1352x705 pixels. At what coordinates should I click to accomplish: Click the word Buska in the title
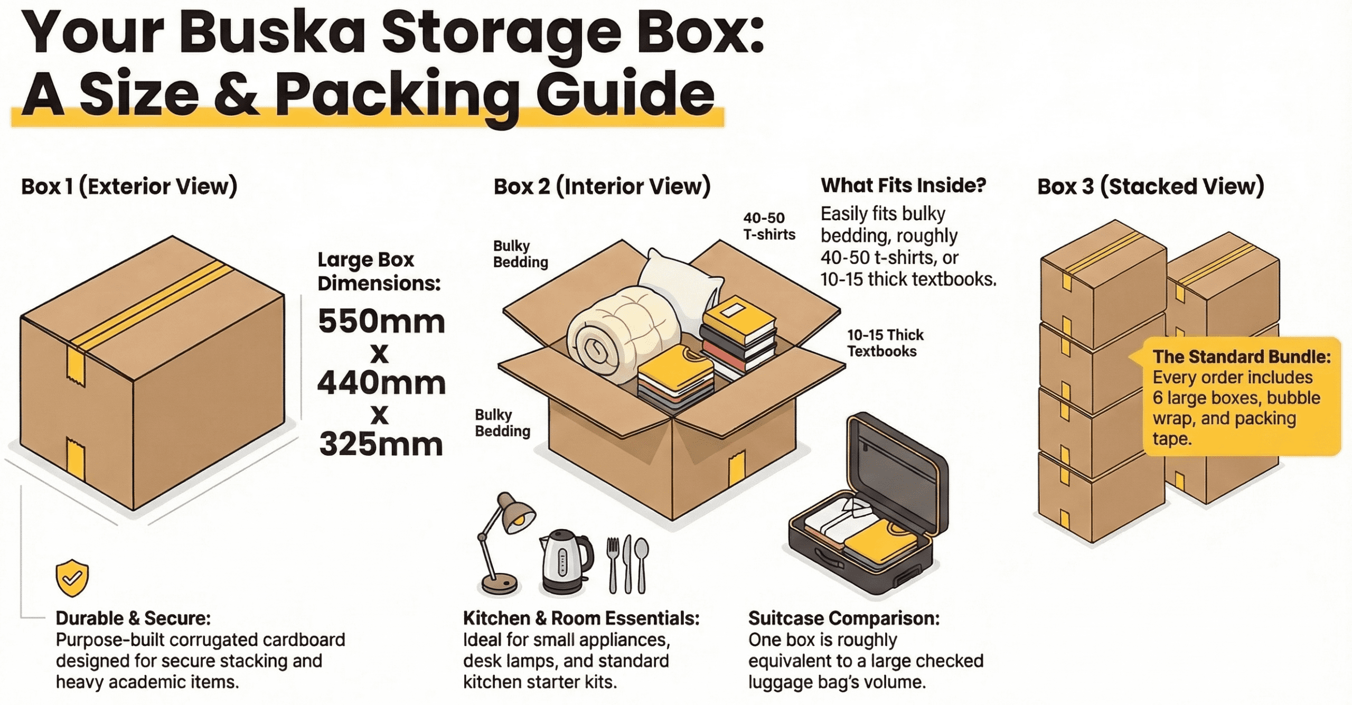[x=272, y=33]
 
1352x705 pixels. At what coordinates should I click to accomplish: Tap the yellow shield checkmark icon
[x=72, y=578]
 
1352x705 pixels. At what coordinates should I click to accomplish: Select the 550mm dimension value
[x=381, y=321]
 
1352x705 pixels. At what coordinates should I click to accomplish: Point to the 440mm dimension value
[x=381, y=382]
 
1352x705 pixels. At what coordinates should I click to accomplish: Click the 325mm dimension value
[x=381, y=444]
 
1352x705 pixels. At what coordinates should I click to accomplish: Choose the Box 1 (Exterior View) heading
[x=129, y=186]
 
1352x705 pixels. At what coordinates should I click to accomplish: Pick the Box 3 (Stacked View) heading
[x=1151, y=186]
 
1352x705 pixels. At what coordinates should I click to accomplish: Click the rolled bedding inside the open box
[x=607, y=333]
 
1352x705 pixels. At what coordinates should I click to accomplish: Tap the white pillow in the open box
[x=681, y=280]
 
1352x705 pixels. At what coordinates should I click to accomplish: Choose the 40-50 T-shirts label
[x=769, y=226]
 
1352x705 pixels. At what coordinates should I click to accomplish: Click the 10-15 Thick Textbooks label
[x=885, y=343]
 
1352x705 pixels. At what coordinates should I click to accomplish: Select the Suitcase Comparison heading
[x=844, y=618]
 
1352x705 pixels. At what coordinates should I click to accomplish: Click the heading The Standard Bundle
[x=1241, y=357]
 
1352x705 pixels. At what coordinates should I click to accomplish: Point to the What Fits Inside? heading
[x=903, y=185]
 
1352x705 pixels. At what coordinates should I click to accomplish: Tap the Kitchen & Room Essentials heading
[x=581, y=618]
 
